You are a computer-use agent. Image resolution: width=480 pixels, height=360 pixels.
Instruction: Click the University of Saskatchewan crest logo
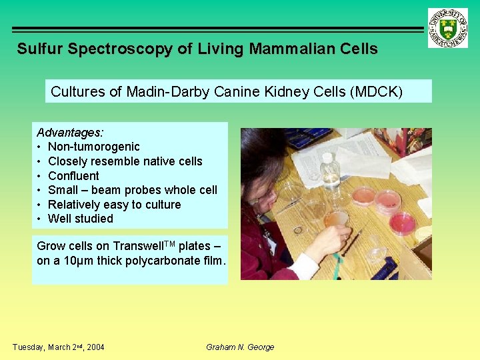[x=447, y=28]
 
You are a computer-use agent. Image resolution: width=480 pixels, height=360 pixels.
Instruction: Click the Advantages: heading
[x=69, y=133]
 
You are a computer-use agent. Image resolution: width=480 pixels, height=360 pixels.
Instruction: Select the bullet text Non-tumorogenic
[x=94, y=147]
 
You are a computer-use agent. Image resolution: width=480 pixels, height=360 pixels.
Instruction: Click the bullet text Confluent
[x=73, y=175]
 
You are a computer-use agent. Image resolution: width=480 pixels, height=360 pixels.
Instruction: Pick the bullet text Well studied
[x=81, y=219]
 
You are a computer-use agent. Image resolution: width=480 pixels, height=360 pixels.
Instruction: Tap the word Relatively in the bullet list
[x=76, y=204]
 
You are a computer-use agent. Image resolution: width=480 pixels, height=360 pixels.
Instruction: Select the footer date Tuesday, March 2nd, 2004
[x=59, y=347]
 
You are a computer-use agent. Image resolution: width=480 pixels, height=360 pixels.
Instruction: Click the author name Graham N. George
[x=240, y=347]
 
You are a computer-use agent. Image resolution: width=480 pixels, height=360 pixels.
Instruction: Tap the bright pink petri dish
[x=402, y=224]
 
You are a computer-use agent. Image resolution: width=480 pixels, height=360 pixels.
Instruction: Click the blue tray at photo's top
[x=308, y=137]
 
